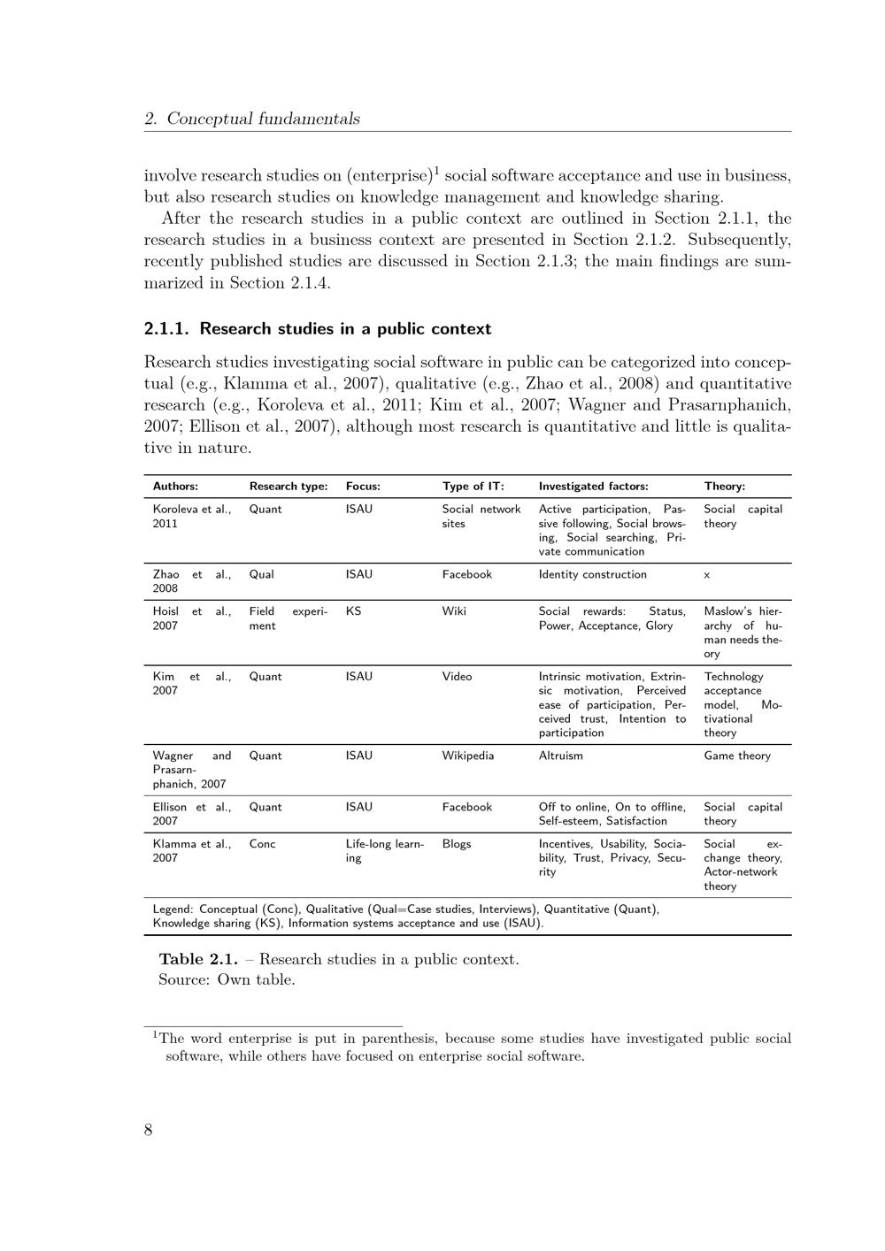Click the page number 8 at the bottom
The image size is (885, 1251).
149,1130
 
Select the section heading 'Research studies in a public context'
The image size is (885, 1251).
345,329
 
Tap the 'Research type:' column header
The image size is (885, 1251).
289,486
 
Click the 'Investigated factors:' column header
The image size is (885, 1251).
593,486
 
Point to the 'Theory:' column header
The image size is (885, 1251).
724,486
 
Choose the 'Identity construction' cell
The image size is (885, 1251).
592,574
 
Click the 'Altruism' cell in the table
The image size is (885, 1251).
560,756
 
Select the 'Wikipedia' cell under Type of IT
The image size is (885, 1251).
467,756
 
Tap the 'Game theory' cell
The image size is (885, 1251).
736,756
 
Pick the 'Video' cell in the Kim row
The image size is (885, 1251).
457,676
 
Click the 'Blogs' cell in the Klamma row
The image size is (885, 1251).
457,843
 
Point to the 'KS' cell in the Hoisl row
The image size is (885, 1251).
353,610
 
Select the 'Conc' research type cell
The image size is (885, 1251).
262,843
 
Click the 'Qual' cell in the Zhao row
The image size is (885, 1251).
261,574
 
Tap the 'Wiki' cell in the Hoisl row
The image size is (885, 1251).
454,610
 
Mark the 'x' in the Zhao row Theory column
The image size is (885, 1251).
707,575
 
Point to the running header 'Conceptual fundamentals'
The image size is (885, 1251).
263,119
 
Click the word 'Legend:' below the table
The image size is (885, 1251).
173,909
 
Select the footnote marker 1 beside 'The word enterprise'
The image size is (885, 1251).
155,1034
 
